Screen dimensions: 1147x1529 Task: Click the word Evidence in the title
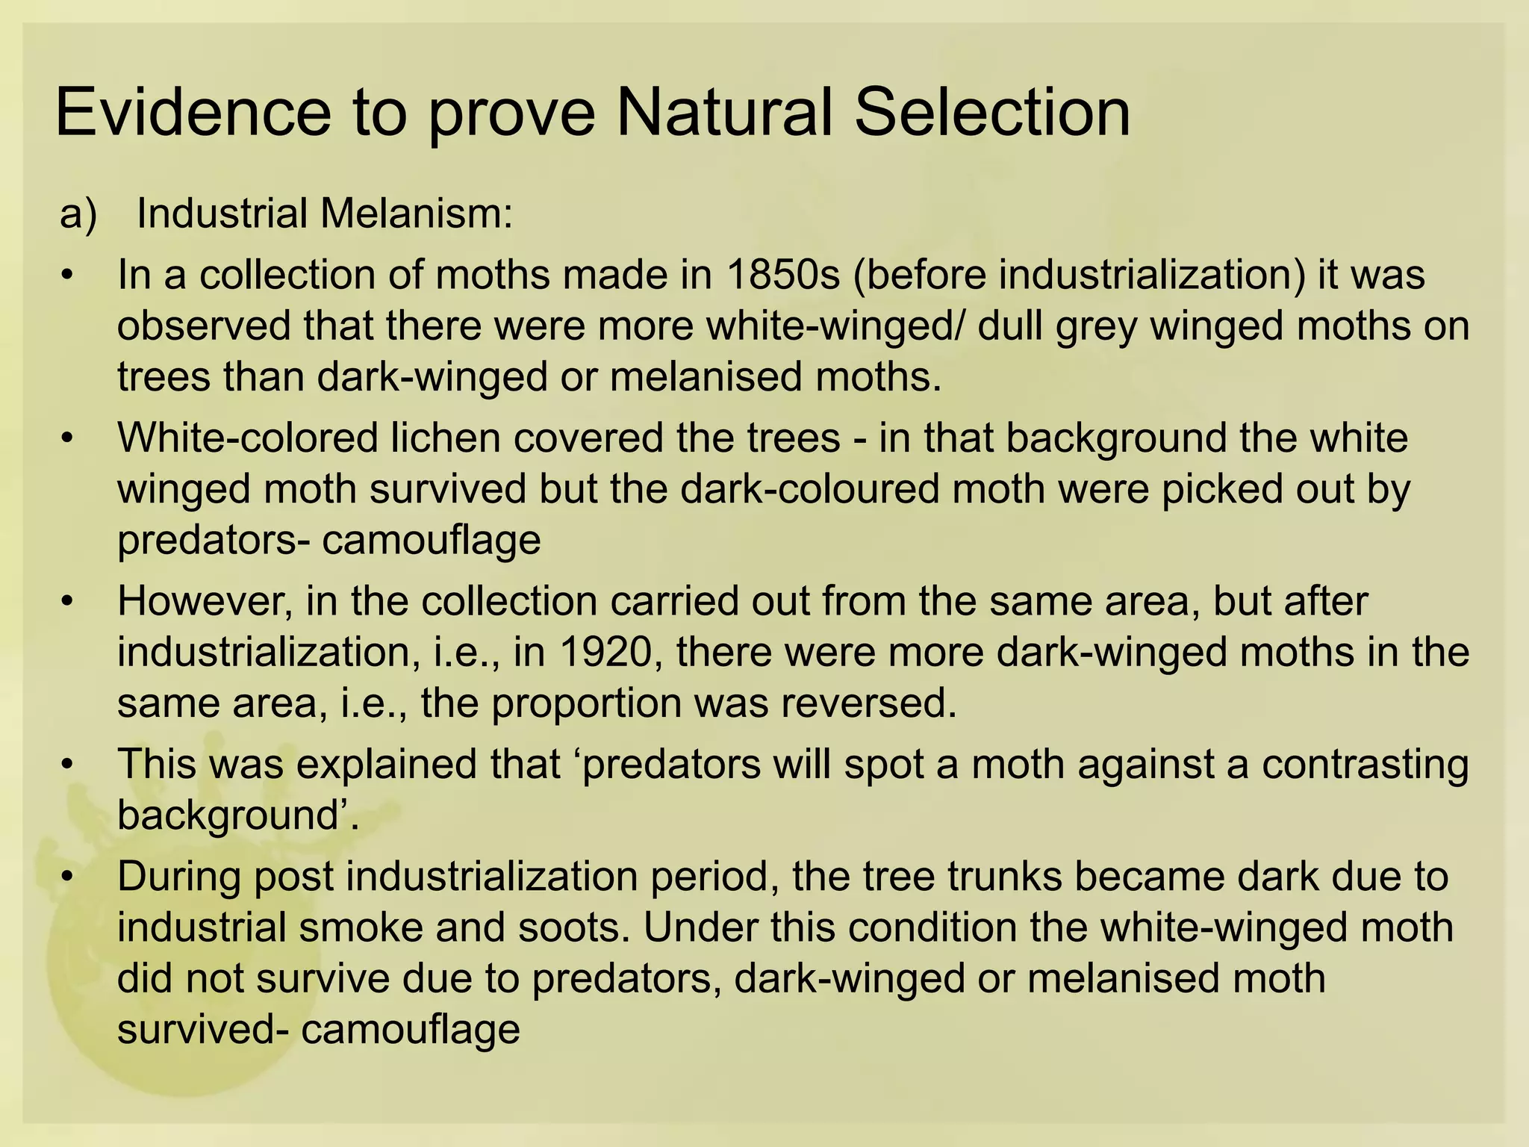193,114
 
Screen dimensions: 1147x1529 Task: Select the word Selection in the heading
992,114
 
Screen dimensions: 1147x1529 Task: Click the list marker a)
78,214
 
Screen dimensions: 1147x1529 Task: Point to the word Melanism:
417,214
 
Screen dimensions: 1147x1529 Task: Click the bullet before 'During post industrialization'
68,877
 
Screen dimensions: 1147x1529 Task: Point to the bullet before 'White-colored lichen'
68,438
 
